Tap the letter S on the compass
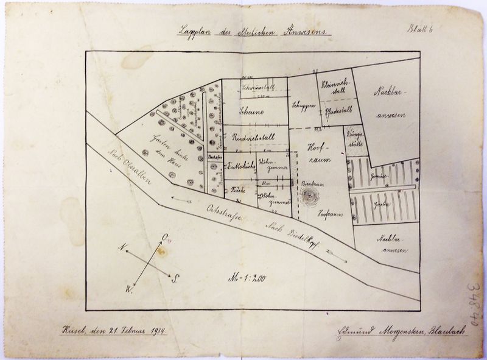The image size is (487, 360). [175, 280]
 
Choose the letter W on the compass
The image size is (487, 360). [130, 288]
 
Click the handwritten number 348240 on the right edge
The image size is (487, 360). [471, 302]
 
